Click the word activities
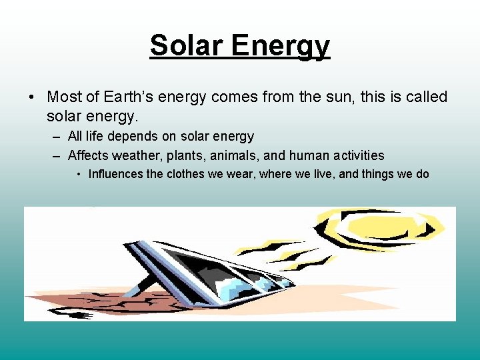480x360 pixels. [x=359, y=155]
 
